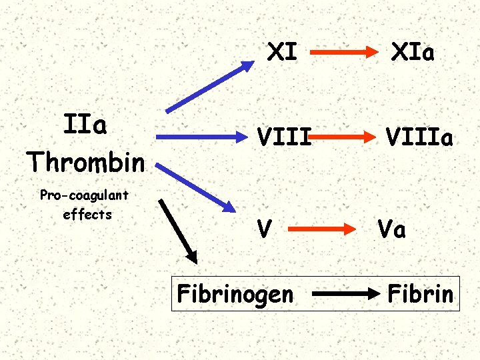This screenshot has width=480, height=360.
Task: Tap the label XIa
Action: tap(413, 52)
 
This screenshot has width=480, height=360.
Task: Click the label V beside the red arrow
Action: tap(265, 229)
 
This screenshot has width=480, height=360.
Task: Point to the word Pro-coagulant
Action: tap(85, 195)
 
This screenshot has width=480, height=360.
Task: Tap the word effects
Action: tap(87, 215)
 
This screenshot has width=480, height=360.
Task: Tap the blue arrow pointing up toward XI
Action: tap(210, 85)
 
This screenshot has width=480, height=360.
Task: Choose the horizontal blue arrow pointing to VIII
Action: tap(200, 137)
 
